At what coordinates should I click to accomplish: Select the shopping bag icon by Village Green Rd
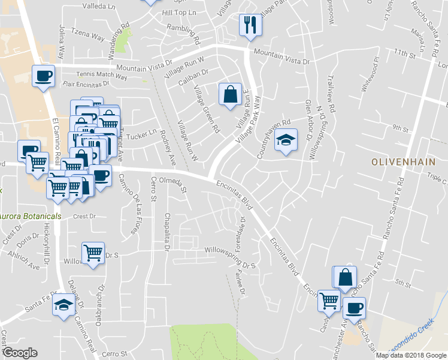230,94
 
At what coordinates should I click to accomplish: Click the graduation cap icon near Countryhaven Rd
286,140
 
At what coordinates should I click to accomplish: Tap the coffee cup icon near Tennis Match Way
43,76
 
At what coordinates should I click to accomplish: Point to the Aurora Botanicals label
30,216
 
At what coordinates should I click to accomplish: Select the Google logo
20,352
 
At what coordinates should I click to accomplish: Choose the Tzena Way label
88,37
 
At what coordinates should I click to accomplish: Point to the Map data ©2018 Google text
410,355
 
